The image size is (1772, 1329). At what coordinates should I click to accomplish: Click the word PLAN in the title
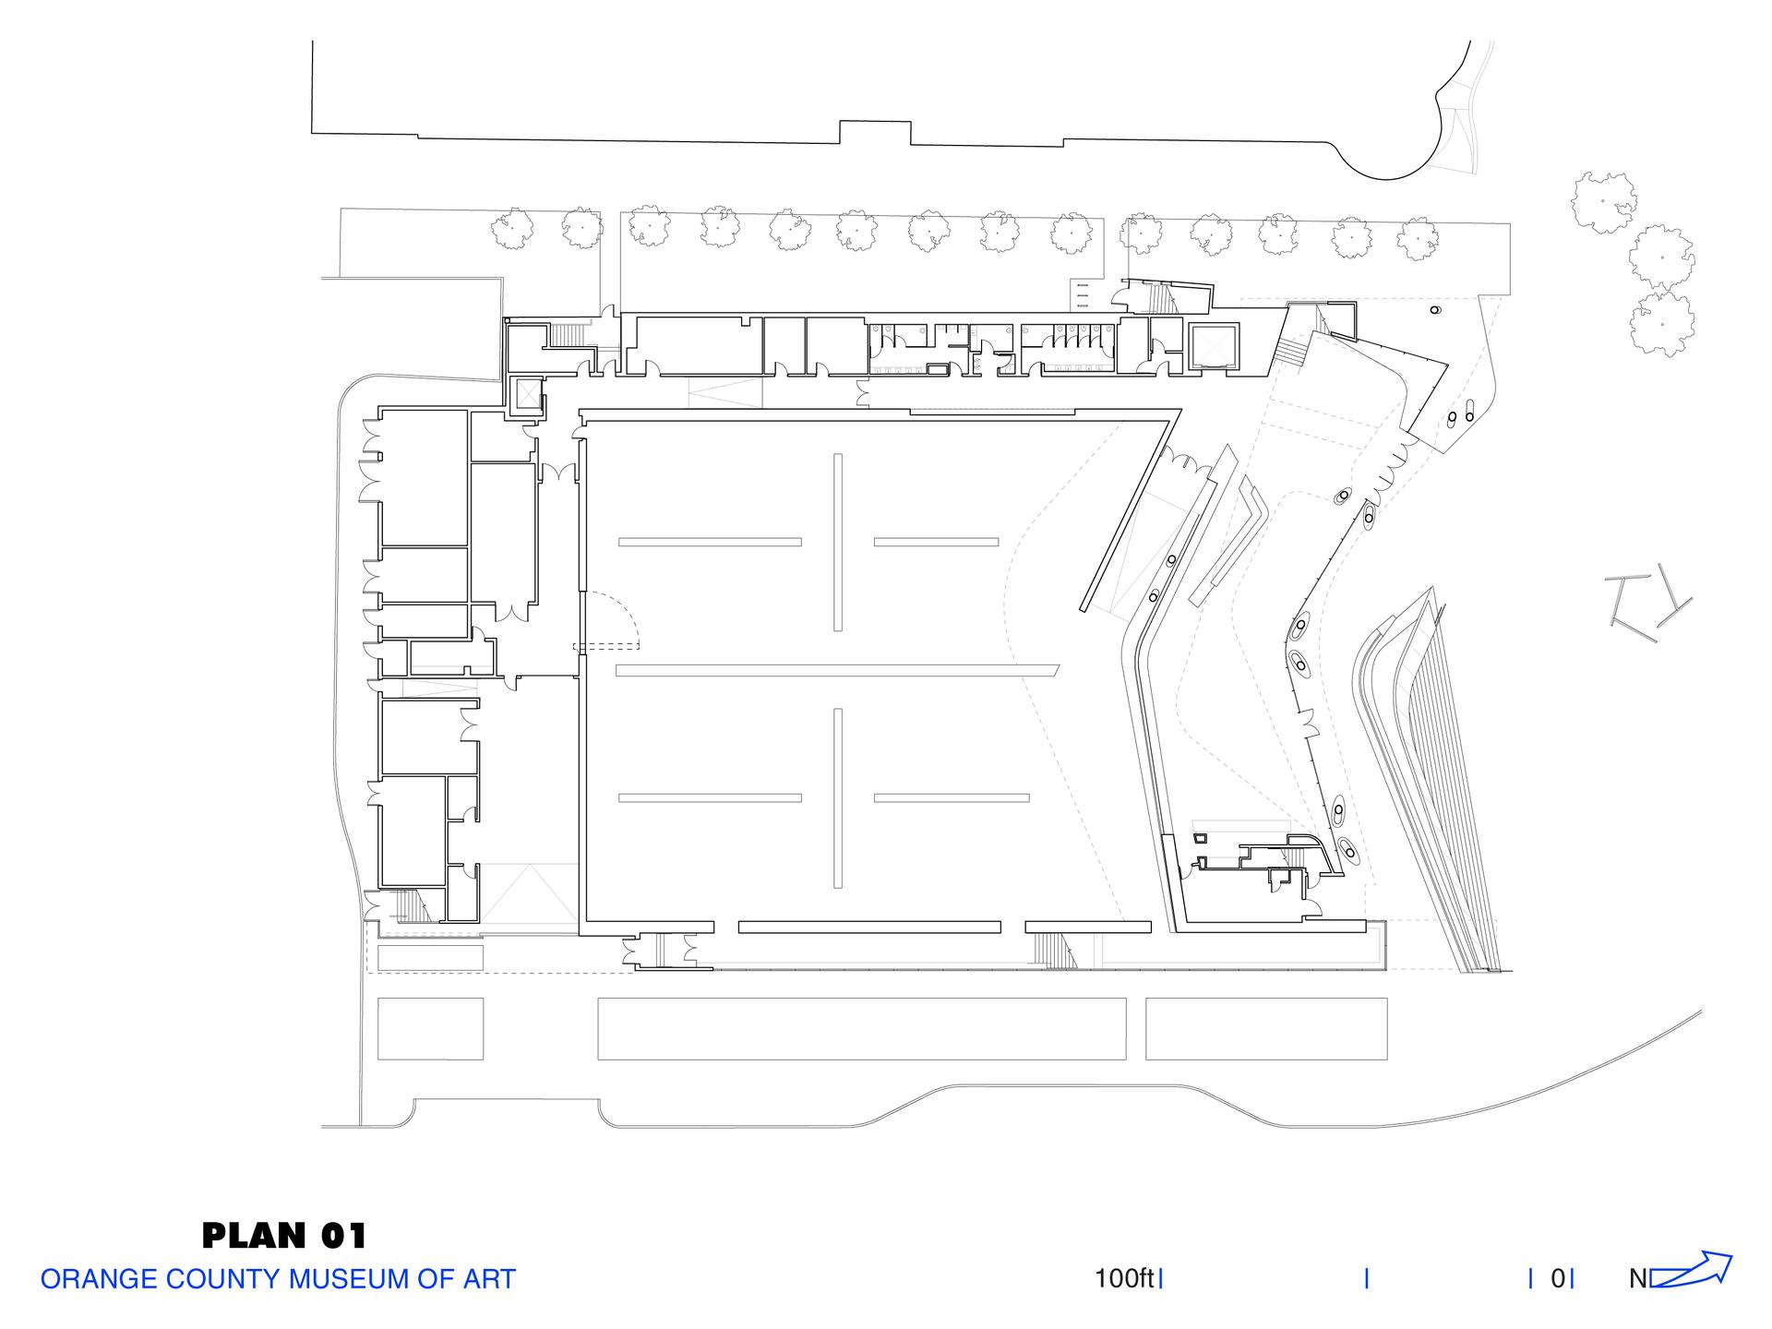coord(254,1235)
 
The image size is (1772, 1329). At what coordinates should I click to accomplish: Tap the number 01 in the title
coord(343,1235)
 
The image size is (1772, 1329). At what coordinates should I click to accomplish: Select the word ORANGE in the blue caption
coord(97,1279)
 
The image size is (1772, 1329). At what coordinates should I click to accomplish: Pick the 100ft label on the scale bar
coord(1124,1279)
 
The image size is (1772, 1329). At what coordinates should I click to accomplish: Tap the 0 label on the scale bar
coord(1559,1279)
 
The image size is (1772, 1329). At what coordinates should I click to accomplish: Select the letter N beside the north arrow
coord(1638,1279)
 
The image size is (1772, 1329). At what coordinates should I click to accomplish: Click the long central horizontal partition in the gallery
coord(838,670)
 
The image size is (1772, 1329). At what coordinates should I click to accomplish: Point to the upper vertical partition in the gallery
coord(838,543)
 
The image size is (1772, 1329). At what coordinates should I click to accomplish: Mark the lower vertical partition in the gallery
coord(838,798)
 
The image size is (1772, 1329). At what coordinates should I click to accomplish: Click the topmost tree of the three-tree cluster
coord(1606,203)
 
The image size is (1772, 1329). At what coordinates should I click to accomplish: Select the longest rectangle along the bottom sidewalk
coord(862,1028)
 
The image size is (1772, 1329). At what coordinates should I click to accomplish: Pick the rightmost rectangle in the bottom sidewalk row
coord(1266,1028)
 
